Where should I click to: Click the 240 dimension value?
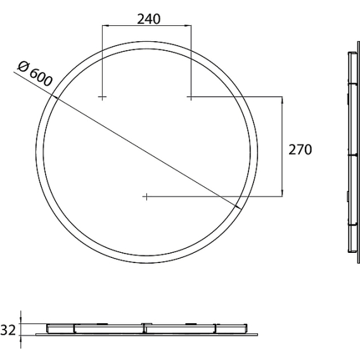(x=149, y=19)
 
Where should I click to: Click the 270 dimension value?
(x=300, y=150)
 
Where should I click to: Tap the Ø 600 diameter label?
(x=35, y=74)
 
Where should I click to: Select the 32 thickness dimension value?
(x=8, y=330)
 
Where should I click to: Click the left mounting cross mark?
(x=102, y=97)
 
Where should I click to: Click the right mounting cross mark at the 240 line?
(x=190, y=97)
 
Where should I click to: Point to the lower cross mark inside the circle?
(x=146, y=196)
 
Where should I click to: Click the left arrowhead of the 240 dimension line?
(x=105, y=25)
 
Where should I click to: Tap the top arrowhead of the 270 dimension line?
(x=282, y=100)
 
